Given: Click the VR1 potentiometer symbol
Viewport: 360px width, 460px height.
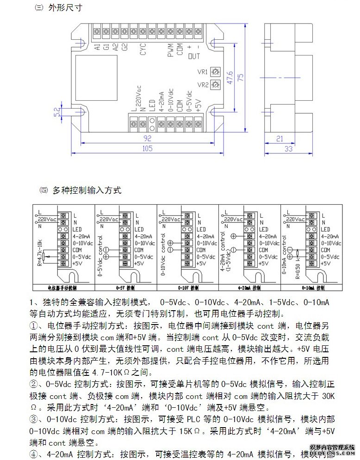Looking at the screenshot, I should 214,72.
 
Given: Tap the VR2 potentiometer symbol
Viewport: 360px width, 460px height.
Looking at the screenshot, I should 214,85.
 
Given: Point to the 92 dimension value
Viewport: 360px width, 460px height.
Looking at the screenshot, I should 148,138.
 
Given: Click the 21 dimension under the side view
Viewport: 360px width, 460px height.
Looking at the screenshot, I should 279,138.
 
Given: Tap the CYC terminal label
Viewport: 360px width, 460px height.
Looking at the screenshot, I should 143,49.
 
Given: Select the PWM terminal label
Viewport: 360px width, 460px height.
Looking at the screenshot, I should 170,49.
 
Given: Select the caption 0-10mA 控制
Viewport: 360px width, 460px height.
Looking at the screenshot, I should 312,288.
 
